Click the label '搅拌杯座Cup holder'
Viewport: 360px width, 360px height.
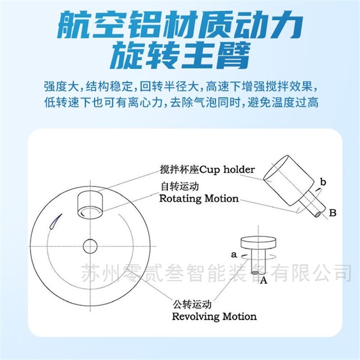tap(207, 170)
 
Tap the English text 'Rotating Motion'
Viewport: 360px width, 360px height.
tap(199, 198)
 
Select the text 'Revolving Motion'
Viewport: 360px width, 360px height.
tap(214, 316)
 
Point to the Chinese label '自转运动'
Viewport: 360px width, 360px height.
tap(180, 186)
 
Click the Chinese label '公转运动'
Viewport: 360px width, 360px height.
tap(192, 305)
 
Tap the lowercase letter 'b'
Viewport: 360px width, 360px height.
tap(323, 182)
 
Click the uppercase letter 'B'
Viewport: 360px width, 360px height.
tap(333, 213)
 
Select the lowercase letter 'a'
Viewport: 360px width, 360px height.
tap(234, 255)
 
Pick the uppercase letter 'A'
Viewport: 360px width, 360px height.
tap(264, 280)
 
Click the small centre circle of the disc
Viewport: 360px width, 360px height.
tap(90, 246)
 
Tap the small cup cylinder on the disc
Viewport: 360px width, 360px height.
tap(90, 206)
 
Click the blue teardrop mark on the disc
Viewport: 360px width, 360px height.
tap(55, 221)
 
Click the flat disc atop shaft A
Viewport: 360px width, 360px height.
tap(258, 243)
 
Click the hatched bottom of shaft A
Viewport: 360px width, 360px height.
tap(255, 273)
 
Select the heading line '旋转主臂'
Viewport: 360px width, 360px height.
tap(180, 55)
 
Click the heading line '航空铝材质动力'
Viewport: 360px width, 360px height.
tap(180, 25)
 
